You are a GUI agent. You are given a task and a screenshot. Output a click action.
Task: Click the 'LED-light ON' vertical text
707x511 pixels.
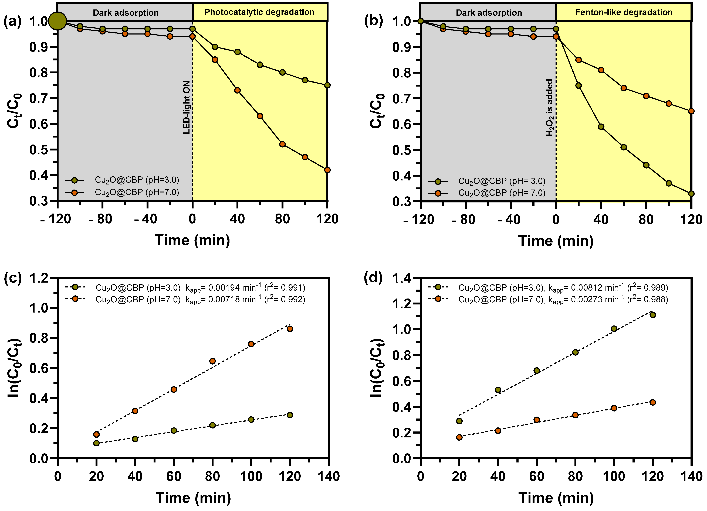pyautogui.click(x=186, y=108)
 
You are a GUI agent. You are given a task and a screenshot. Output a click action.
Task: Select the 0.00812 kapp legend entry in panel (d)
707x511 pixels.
pyautogui.click(x=563, y=288)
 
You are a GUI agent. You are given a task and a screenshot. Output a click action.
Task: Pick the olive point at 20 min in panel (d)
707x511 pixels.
pyautogui.click(x=459, y=421)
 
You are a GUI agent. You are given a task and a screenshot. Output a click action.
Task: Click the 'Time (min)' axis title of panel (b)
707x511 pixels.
pyautogui.click(x=556, y=241)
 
